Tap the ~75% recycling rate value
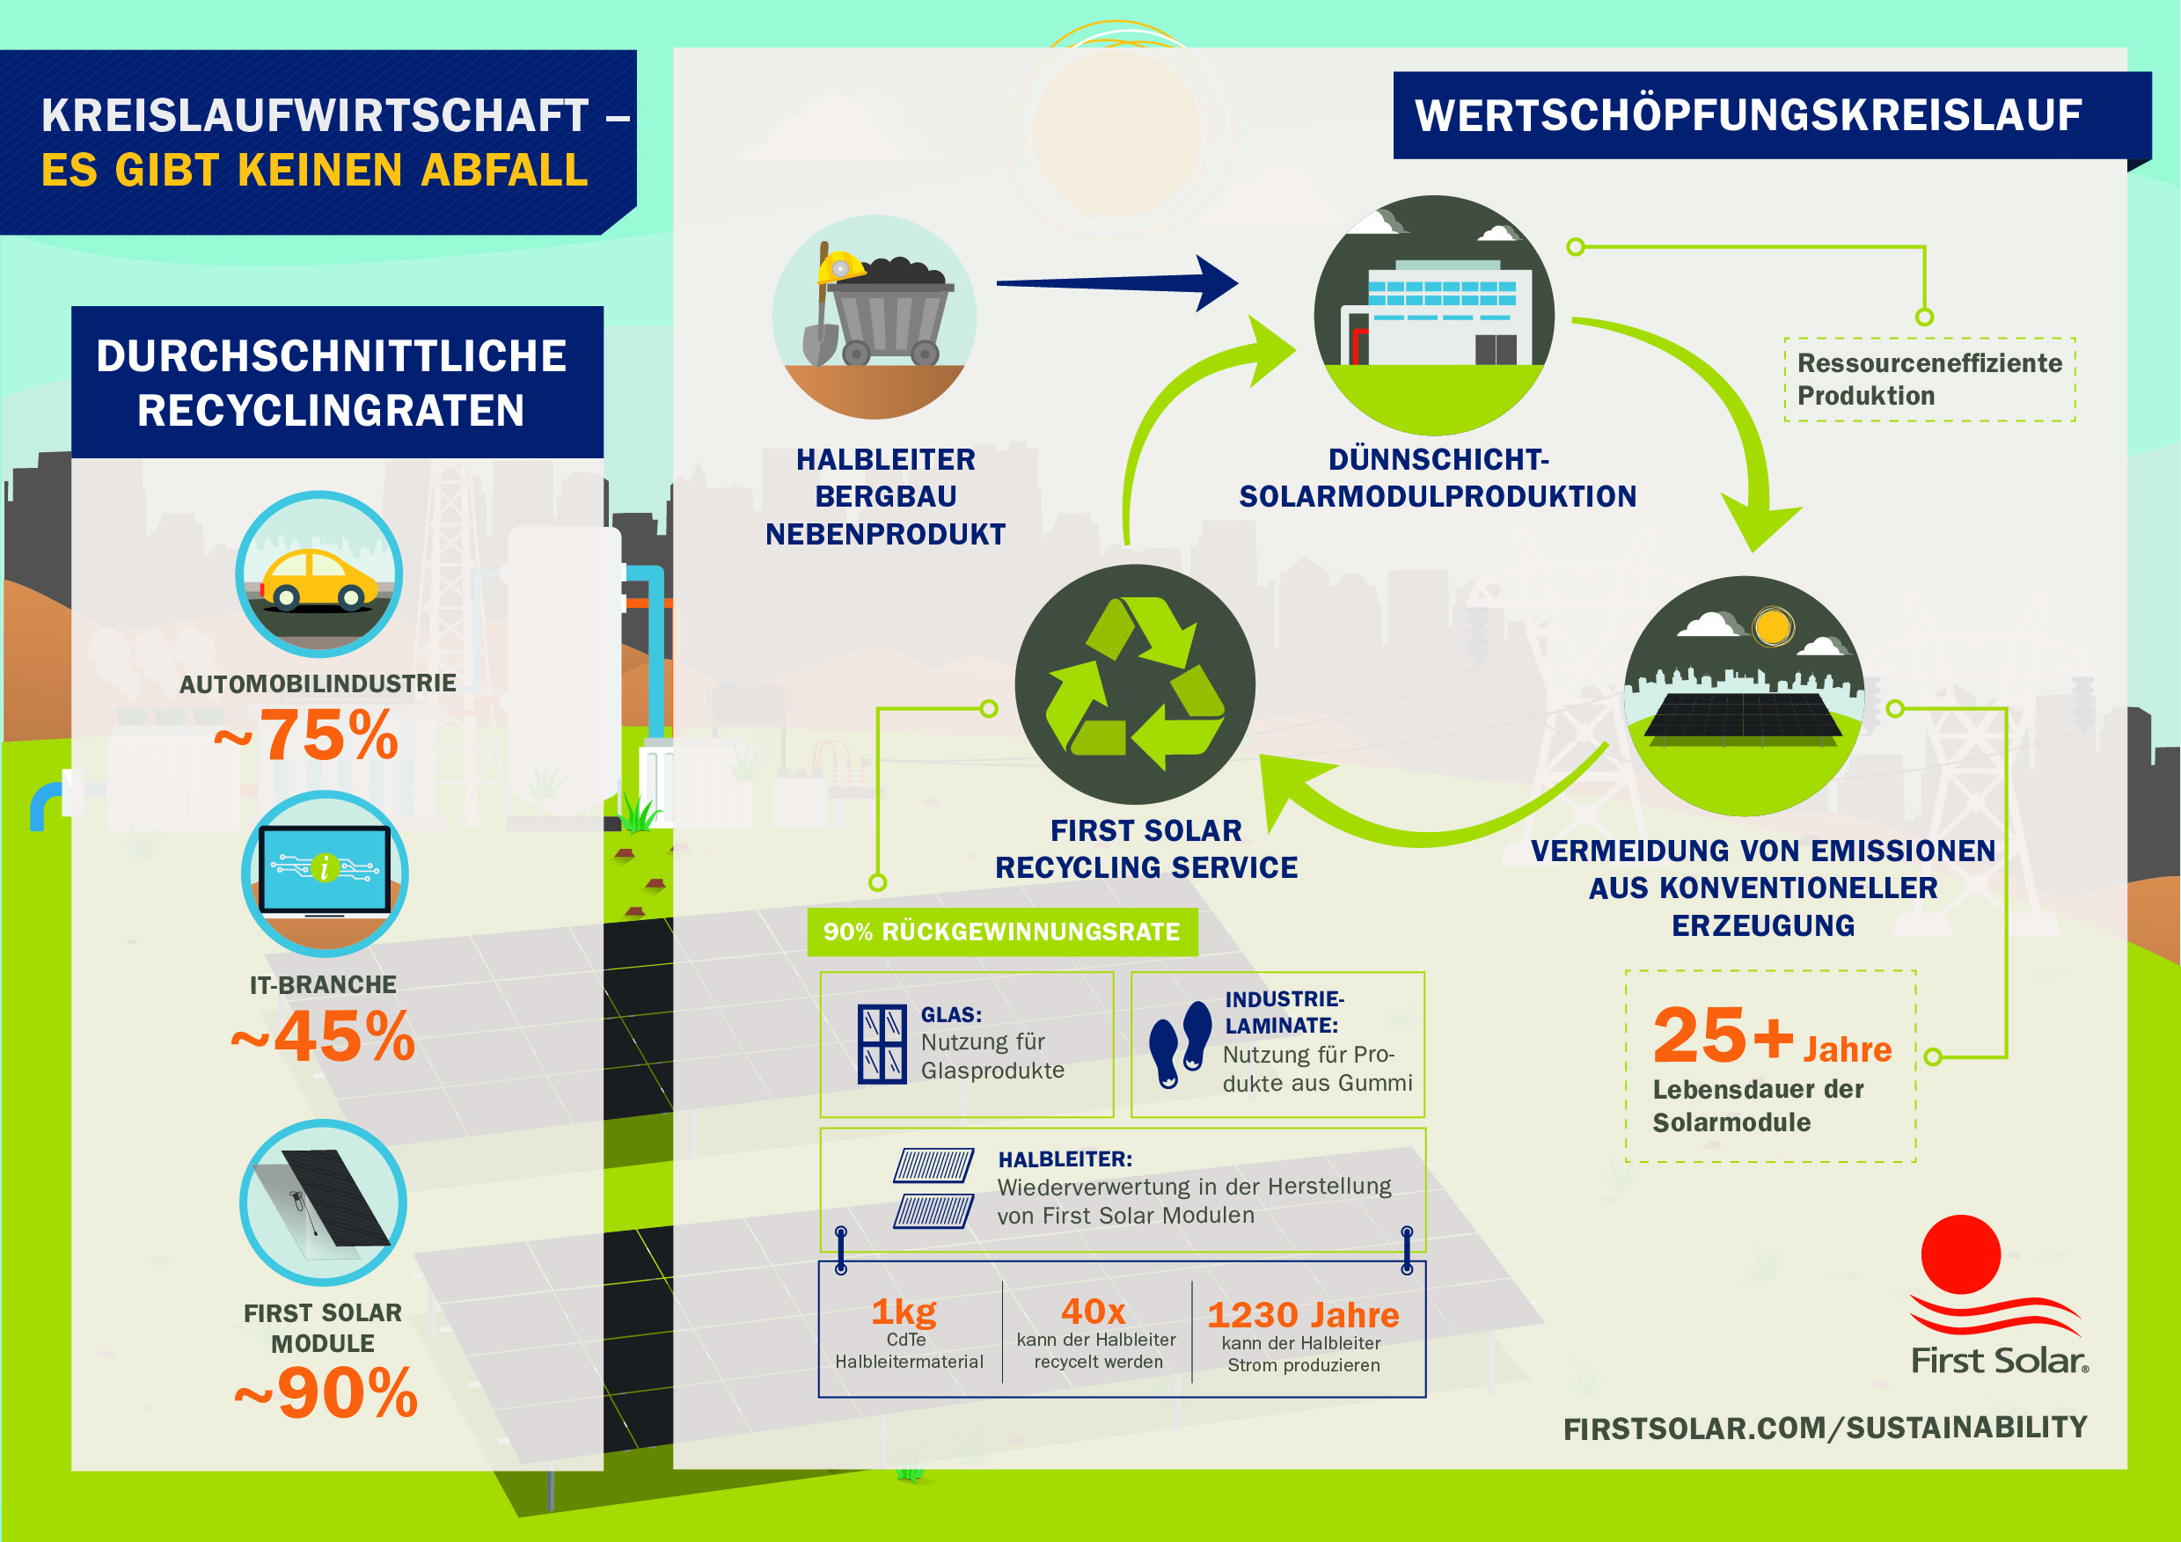click(306, 734)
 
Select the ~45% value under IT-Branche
click(323, 1035)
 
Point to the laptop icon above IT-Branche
click(325, 871)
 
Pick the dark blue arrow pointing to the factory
click(1117, 283)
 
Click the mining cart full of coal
click(889, 312)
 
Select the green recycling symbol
click(1134, 683)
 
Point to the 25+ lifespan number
click(1724, 1034)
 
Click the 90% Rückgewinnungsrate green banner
click(1002, 932)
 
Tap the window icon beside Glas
click(882, 1044)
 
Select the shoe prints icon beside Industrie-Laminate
click(1181, 1044)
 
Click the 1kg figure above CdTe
click(904, 1312)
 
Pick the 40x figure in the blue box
click(1094, 1312)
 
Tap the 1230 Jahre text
click(1303, 1314)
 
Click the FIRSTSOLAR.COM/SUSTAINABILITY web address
click(1825, 1427)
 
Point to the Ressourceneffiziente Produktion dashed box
click(1929, 379)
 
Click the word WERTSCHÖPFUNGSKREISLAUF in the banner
click(1748, 115)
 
